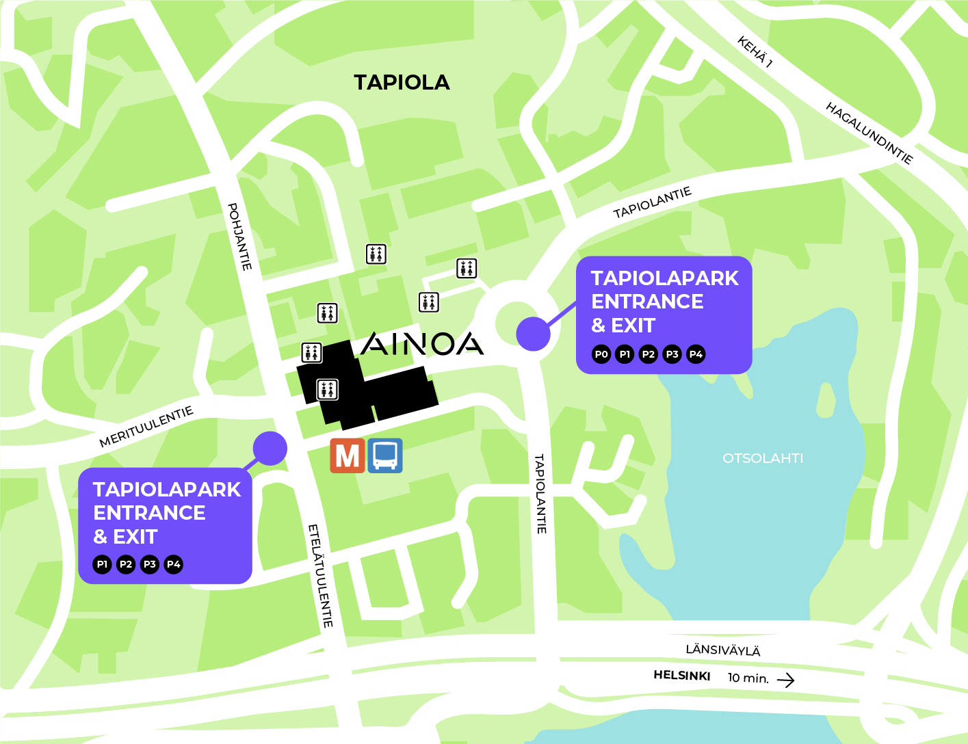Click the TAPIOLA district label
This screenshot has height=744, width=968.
pos(402,83)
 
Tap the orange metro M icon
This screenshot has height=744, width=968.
pos(348,455)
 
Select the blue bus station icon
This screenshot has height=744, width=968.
pos(385,455)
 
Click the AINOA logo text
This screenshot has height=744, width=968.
pos(422,344)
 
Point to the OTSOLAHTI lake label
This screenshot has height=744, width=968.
pos(763,458)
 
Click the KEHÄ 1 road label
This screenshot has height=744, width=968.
pos(755,53)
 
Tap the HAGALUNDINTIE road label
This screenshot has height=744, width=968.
pos(869,133)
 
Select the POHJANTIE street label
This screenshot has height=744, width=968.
pos(240,237)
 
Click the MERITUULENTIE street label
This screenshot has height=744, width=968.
pos(146,427)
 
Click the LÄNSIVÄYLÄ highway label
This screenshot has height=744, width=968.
pos(723,650)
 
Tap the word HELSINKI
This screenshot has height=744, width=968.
pos(682,676)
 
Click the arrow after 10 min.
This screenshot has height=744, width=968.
pos(786,680)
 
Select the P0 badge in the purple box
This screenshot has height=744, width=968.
pos(601,354)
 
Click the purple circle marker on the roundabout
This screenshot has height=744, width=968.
pos(533,334)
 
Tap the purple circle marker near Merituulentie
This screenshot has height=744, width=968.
pos(270,449)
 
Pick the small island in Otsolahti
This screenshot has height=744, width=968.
pos(826,399)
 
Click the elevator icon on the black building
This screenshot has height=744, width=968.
pos(327,390)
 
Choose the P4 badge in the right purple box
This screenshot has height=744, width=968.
pos(696,354)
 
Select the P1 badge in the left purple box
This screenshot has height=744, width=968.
pos(102,564)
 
